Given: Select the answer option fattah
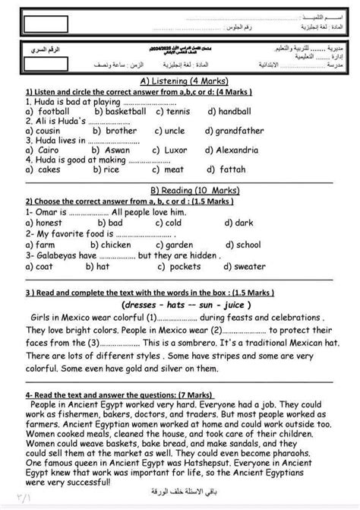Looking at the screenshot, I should coord(226,170).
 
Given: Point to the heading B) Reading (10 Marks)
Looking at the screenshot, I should coord(179,188).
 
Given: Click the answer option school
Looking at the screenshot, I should coord(244,245).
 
